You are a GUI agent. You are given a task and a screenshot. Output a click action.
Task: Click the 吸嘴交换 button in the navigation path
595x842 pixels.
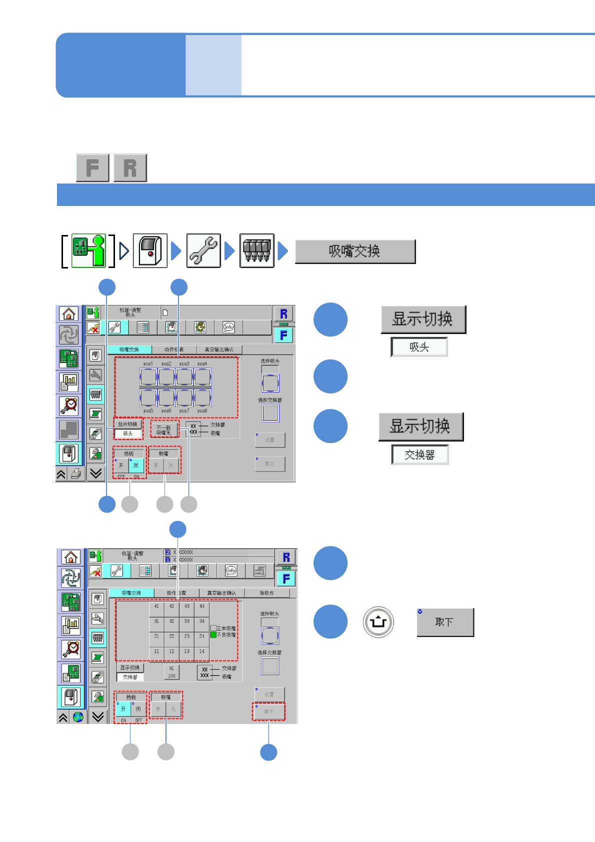355,251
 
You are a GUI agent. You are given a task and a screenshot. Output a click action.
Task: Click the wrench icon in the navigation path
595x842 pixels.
203,251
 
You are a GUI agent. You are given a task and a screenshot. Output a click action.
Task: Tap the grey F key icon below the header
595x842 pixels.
92,167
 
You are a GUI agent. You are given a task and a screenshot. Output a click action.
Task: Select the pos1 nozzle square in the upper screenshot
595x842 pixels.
148,376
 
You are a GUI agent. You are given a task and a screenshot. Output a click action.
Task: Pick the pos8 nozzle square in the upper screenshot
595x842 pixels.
202,398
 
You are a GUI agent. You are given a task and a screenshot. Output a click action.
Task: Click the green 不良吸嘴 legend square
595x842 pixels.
213,635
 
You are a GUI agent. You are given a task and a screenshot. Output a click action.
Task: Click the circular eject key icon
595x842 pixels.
378,622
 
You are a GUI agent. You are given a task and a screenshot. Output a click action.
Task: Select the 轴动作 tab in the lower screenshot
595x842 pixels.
266,593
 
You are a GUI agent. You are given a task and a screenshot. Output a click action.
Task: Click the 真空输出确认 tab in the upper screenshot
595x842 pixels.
219,349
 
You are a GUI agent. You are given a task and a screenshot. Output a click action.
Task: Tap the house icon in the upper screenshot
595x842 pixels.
69,313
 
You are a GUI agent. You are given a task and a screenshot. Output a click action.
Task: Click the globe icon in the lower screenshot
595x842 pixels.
78,717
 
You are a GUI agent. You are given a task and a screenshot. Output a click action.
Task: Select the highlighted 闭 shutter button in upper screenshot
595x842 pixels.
136,465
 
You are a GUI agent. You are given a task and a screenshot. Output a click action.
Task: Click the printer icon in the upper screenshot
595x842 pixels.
76,473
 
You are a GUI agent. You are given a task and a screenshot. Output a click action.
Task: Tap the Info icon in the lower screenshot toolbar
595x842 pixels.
230,570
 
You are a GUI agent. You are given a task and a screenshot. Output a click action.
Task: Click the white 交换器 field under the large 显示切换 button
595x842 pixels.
420,455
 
